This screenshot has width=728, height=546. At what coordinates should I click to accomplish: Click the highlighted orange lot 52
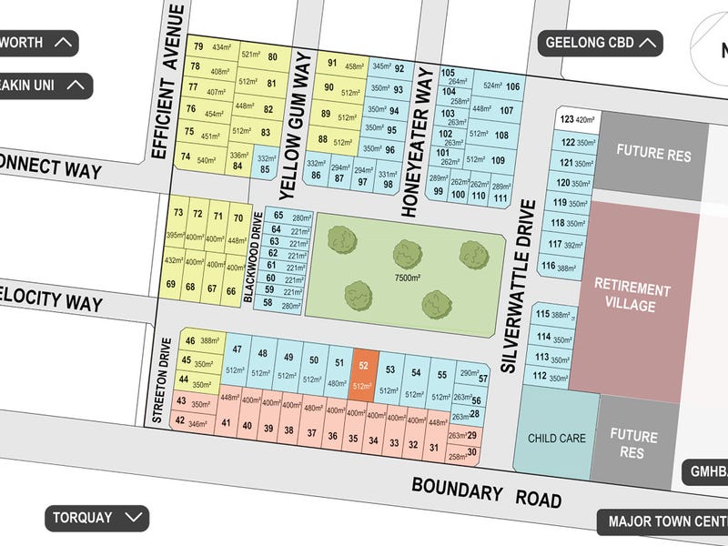pos(365,373)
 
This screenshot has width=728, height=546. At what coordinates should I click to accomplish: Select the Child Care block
pos(556,438)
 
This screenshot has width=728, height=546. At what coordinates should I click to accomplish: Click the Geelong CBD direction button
pos(601,42)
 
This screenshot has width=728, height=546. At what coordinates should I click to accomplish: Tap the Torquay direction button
pos(97,518)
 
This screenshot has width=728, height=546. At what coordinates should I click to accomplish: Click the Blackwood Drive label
pos(257,258)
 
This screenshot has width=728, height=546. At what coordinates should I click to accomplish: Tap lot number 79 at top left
pos(197,46)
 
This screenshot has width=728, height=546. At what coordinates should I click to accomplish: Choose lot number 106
pos(513,86)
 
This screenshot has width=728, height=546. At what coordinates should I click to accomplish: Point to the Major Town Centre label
pos(662,522)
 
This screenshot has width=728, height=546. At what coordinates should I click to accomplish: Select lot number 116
pos(548,266)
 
